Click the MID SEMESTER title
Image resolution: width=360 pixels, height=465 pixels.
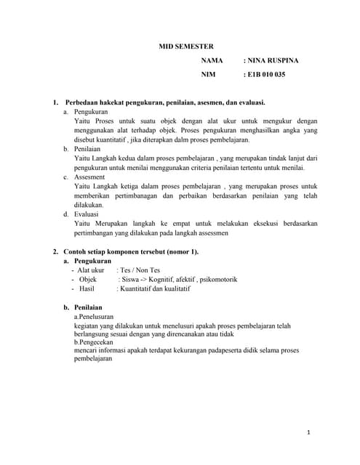tap(186, 46)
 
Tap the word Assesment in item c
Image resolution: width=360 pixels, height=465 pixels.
tap(90, 177)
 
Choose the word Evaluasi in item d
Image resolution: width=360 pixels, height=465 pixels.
tap(89, 214)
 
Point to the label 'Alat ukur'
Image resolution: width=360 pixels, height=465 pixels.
tap(90, 270)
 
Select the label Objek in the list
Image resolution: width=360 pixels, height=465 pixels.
tap(87, 279)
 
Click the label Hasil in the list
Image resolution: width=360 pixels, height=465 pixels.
tap(88, 288)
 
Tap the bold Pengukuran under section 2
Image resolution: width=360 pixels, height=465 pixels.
tap(93, 260)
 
